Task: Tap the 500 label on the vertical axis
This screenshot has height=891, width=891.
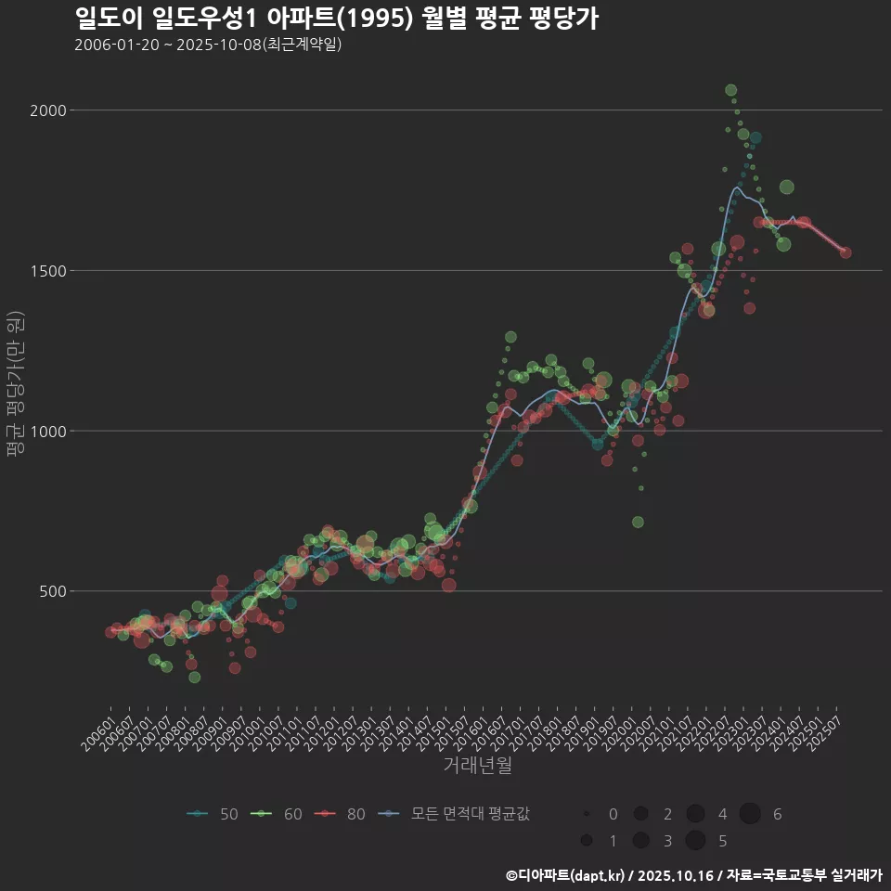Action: click(55, 591)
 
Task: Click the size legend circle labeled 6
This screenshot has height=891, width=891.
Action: click(750, 814)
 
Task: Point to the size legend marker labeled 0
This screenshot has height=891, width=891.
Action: click(587, 814)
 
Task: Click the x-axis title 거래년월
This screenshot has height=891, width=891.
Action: click(477, 766)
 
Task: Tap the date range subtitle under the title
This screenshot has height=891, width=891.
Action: click(208, 45)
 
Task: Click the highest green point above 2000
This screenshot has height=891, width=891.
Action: click(730, 90)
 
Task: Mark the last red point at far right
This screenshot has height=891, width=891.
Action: click(846, 252)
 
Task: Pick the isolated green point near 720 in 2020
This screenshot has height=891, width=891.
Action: click(638, 522)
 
